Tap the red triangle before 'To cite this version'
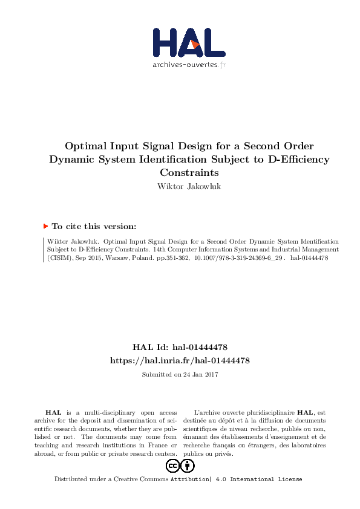45,227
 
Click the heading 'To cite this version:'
94,227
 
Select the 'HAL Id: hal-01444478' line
179,348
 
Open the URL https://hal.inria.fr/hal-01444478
180,360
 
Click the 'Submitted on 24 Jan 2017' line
180,374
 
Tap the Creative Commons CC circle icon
173,465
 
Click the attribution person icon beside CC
188,465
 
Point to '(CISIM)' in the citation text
59,258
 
